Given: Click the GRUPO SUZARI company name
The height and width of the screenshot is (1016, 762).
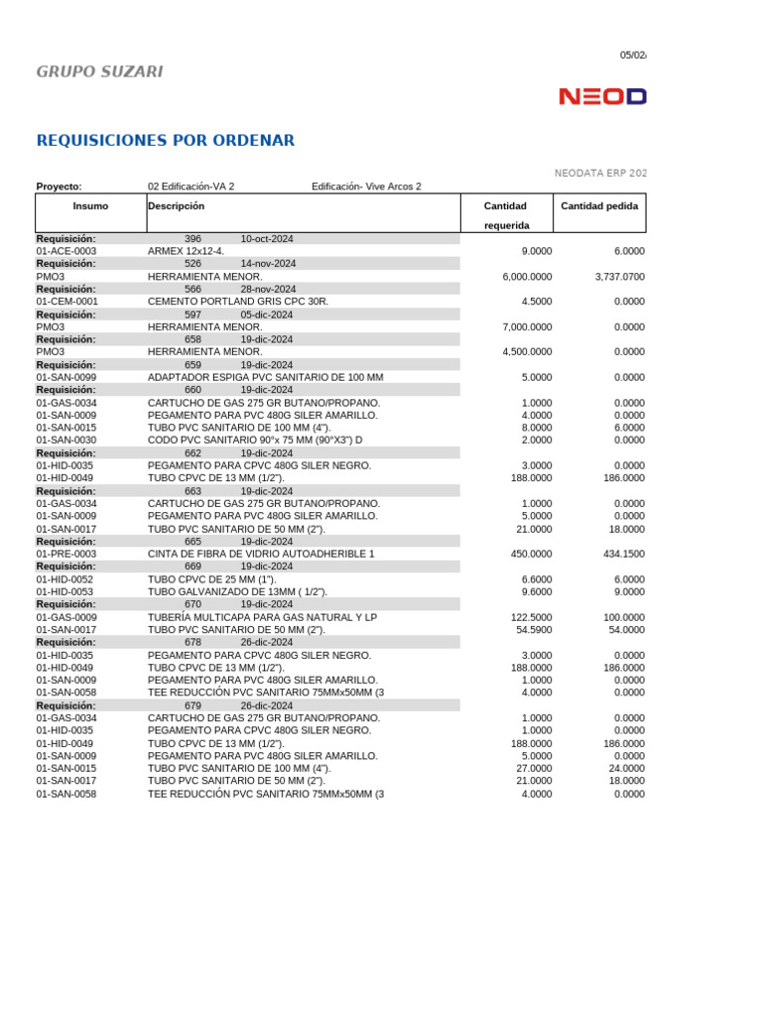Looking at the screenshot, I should pos(99,71).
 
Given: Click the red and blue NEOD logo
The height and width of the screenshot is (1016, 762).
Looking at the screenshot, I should pos(602,96).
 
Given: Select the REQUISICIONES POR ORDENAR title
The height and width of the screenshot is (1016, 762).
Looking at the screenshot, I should pos(165,141).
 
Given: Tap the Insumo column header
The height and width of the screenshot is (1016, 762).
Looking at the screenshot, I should pos(90,205).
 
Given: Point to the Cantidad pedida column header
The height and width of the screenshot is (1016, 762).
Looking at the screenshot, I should pos(599,205).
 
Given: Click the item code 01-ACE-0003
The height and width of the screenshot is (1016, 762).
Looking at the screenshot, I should pos(66,251).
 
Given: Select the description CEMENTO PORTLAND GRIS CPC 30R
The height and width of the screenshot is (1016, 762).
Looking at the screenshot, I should pos(238,302).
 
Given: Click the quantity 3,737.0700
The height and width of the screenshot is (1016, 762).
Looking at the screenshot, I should pos(619,277).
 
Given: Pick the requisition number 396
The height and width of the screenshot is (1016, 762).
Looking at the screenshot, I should pos(192,239).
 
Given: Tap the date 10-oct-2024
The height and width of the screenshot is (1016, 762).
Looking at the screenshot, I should pos(267,239).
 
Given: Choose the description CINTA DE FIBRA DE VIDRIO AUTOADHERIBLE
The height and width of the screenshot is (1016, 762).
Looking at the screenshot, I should pos(261,554).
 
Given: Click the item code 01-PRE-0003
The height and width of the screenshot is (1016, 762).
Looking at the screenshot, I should pos(66,554).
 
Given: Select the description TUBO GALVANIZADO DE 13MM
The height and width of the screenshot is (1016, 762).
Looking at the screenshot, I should pos(237,591).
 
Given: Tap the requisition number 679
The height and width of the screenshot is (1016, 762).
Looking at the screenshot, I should pos(192,705).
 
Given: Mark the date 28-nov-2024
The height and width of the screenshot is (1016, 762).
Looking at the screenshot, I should pos(268,289).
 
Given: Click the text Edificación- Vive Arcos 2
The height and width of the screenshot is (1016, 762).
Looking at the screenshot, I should pos(366,187).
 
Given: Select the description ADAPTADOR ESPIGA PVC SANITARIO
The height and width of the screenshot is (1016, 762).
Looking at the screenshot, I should pos(265,377).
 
